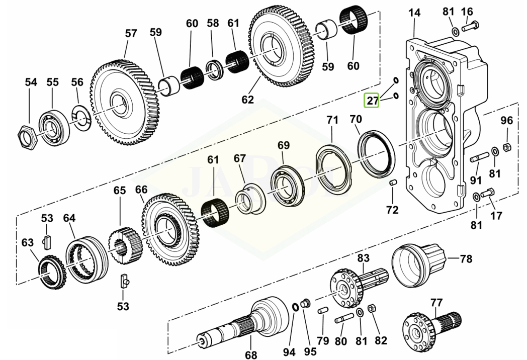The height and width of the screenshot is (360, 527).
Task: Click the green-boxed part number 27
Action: point(373,101)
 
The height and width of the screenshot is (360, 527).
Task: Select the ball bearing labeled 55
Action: point(53,127)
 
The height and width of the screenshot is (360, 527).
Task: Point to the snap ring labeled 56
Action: point(80,118)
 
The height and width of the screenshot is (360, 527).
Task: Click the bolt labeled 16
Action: point(471,24)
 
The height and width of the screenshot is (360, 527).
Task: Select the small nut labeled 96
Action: point(507,146)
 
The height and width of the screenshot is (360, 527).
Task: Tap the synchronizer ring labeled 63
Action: point(52,272)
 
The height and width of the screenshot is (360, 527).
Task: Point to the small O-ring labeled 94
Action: point(295,307)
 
